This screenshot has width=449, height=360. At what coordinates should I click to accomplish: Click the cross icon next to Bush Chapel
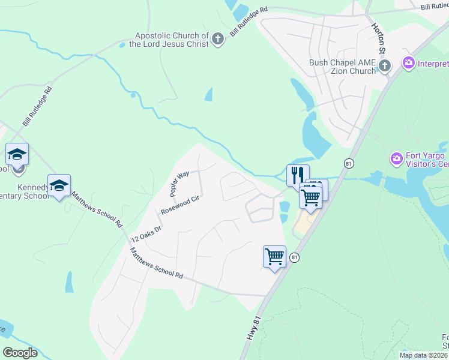click(385, 65)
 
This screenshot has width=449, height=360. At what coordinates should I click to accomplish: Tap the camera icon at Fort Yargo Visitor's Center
click(396, 159)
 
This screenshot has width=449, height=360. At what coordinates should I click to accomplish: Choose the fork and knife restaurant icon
click(297, 175)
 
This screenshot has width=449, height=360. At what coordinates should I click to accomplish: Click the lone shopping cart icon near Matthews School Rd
click(274, 256)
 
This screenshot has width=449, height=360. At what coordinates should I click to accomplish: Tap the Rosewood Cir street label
click(179, 205)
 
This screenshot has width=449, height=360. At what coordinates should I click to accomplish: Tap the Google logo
click(20, 353)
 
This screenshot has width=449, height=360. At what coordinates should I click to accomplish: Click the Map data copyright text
click(424, 355)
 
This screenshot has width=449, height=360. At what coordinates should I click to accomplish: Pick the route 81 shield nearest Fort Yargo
click(348, 163)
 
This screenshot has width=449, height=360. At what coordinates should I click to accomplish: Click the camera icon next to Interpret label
click(409, 63)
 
